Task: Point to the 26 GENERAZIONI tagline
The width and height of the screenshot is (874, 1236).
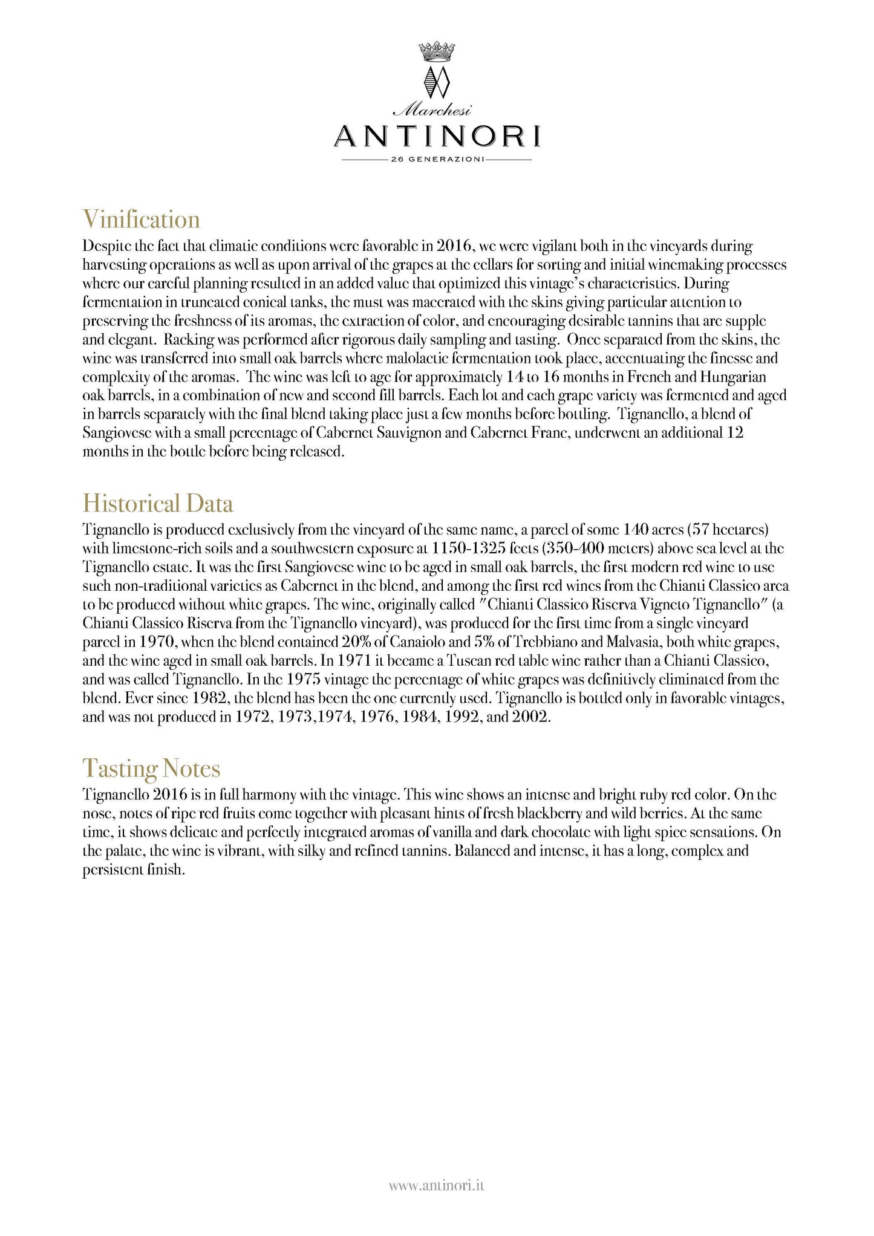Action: pos(437,160)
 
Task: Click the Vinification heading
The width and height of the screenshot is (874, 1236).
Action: pos(141,219)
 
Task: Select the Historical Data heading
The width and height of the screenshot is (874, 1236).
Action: pos(157,503)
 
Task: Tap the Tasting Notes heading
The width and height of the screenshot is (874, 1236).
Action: pos(151,768)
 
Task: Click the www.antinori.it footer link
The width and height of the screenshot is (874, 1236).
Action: pos(437,1186)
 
